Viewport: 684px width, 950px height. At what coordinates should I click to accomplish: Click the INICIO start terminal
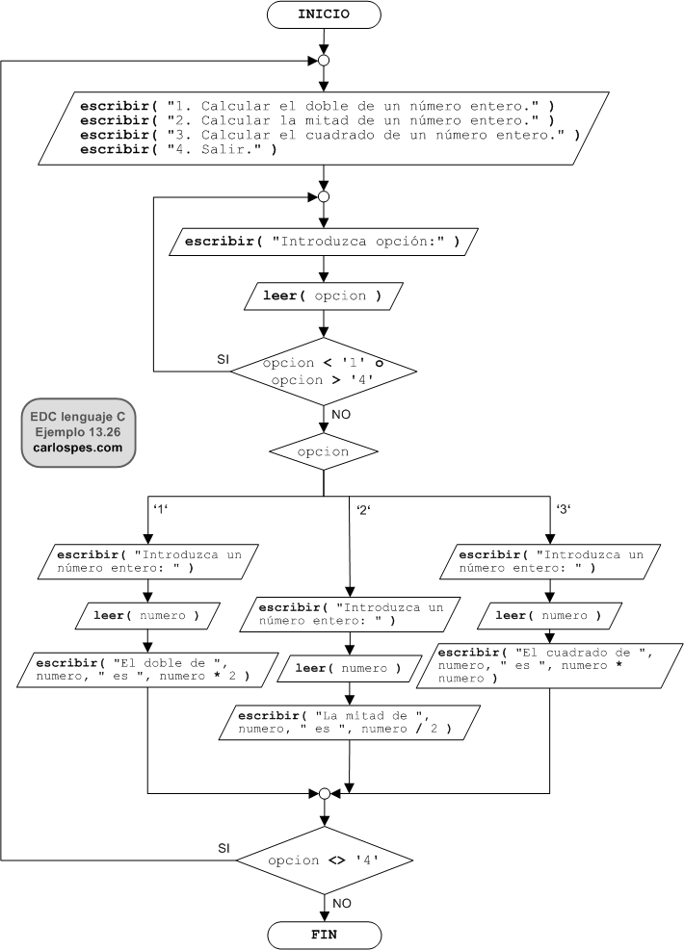pos(324,14)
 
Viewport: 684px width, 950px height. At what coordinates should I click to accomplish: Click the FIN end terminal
pos(324,935)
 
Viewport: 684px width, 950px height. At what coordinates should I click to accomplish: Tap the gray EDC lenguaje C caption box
pos(78,432)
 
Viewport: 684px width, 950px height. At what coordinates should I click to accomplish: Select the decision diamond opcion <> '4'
pos(325,860)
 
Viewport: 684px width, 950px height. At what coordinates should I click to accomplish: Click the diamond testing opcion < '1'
pos(324,372)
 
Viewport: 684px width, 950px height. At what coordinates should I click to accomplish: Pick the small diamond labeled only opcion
pos(323,451)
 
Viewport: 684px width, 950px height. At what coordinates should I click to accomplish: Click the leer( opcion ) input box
pos(323,295)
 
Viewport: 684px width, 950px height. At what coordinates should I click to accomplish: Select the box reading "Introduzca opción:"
pos(323,242)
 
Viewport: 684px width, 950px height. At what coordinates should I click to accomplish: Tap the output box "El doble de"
pos(147,670)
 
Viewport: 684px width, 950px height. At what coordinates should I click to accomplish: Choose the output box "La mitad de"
pos(350,722)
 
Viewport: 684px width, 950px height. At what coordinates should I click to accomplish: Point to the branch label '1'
pos(161,509)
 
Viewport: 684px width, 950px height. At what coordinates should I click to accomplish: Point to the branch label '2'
pos(363,509)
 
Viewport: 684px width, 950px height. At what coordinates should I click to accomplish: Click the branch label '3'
pos(564,509)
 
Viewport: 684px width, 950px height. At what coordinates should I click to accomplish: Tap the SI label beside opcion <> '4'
pos(224,849)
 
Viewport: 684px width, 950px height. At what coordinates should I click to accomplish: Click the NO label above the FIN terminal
pos(341,904)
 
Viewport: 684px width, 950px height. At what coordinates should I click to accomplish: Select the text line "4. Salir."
pos(178,149)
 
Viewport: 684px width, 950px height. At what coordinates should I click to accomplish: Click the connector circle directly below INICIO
pos(324,61)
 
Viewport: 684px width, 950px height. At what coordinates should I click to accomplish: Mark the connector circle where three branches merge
pos(325,794)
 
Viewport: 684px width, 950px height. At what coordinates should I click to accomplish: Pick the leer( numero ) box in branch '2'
pos(349,668)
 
